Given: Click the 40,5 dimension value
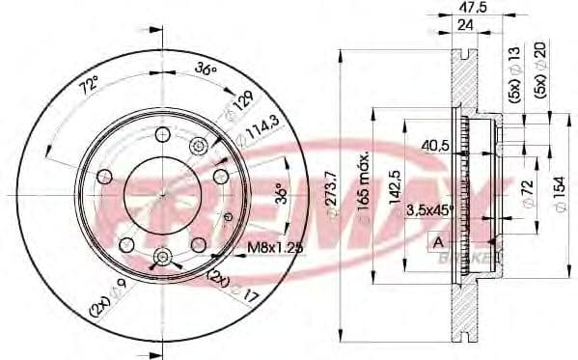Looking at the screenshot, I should (x=436, y=146).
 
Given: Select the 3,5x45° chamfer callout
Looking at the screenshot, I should (x=428, y=209).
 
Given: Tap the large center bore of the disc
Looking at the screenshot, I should (x=161, y=193).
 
